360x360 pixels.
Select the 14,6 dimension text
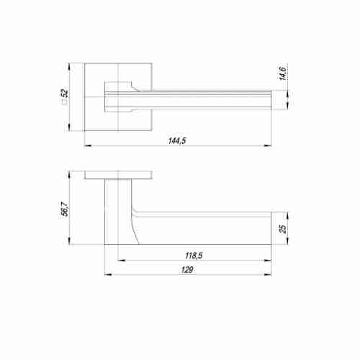tap(284, 74)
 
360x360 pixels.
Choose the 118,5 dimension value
tap(192, 256)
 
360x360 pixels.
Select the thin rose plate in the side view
tap(118, 175)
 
